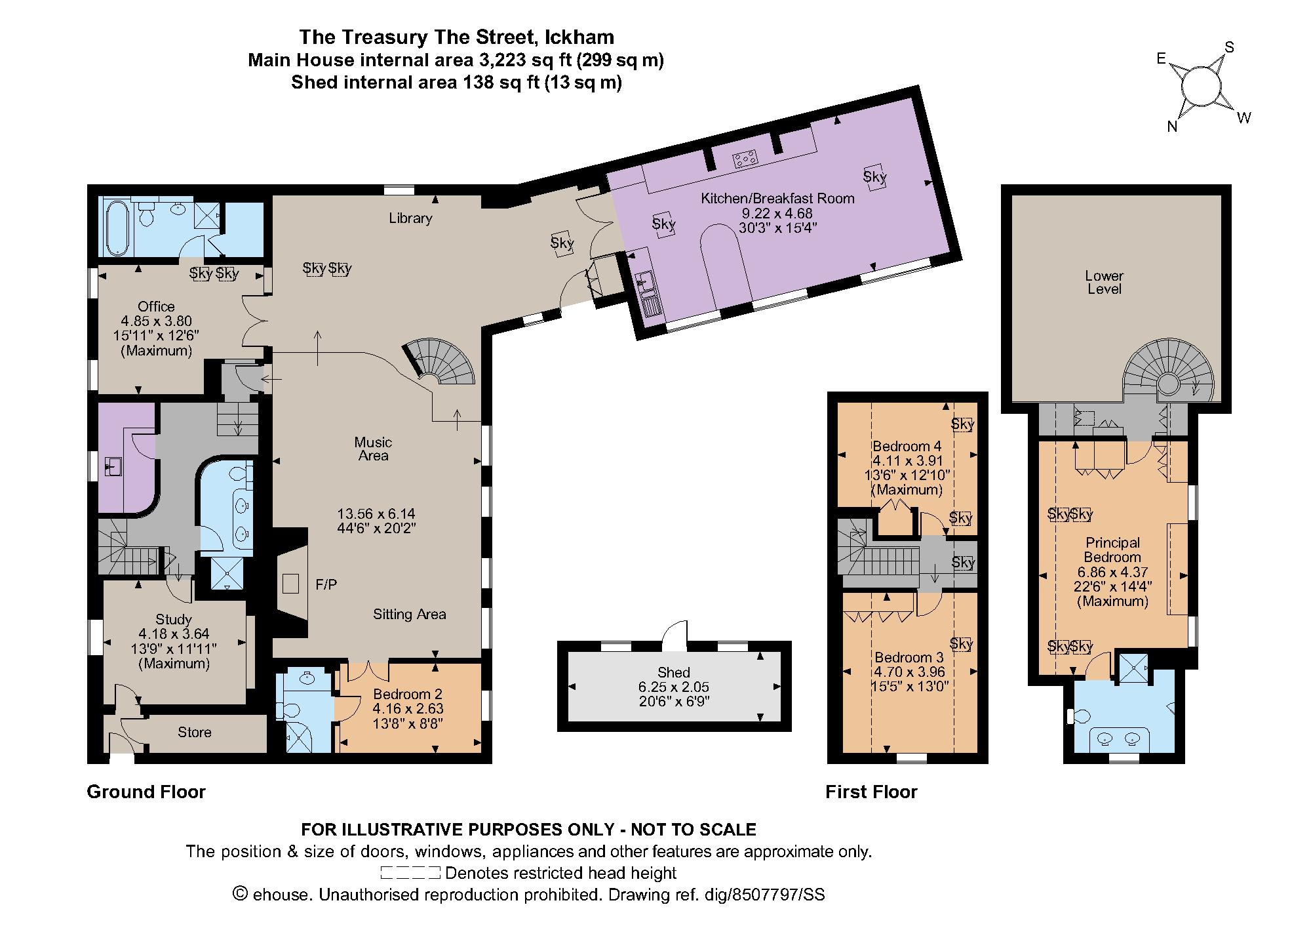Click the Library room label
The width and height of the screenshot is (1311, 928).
[410, 218]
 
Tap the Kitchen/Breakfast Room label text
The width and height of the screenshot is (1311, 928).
[777, 198]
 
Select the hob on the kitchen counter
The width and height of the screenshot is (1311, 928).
[745, 159]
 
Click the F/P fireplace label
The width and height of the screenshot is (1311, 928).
[326, 584]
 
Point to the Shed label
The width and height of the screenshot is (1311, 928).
[674, 672]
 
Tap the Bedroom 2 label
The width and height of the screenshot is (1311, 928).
[407, 694]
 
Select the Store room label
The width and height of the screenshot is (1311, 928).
[195, 732]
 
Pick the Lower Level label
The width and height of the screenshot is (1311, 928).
[1104, 282]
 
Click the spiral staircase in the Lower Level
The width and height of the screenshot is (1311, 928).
[1167, 380]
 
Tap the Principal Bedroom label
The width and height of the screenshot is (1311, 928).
[1112, 550]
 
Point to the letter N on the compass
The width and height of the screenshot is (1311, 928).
[1173, 127]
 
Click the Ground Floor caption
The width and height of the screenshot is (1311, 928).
[146, 792]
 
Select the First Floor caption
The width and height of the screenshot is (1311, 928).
[871, 792]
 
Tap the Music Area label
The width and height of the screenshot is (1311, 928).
[373, 449]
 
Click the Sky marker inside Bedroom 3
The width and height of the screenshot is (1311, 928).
[961, 644]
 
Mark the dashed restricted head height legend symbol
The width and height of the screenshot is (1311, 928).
[410, 873]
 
